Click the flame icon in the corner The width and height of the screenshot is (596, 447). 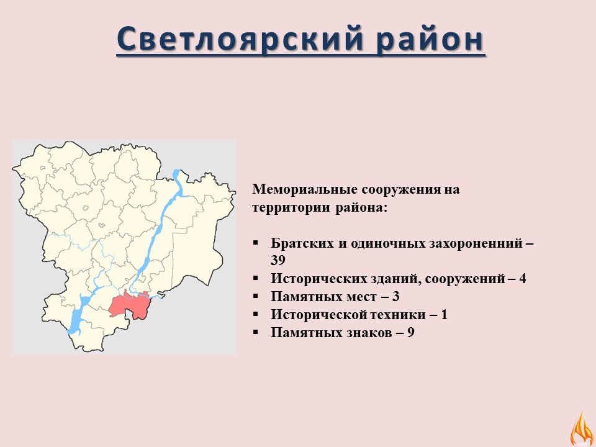[582, 429]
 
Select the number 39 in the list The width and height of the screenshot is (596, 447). [278, 260]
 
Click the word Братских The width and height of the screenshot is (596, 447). [302, 243]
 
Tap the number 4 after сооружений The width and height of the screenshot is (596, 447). [523, 279]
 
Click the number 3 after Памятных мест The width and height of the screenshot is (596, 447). [395, 297]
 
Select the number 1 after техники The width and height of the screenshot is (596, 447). [445, 315]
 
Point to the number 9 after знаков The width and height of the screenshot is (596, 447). [411, 333]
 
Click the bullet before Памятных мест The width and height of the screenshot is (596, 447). [255, 297]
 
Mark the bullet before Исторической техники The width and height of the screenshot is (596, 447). [255, 315]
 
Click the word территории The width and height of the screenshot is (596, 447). [291, 208]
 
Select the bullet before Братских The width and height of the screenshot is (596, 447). [255, 243]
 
